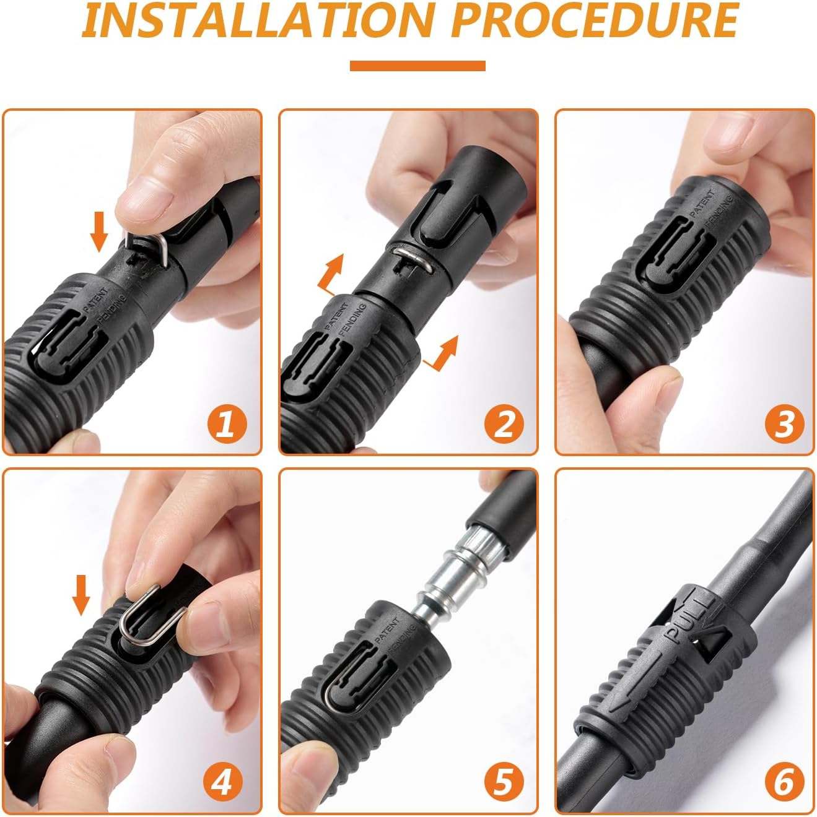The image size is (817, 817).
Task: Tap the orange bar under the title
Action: [417, 66]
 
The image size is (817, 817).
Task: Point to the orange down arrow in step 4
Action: [81, 593]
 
